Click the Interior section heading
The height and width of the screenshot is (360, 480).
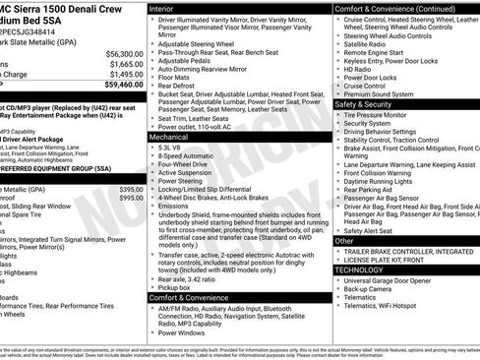[x=161, y=8]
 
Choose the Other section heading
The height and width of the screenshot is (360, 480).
[x=344, y=240]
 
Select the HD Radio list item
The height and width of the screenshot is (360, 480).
[x=361, y=69]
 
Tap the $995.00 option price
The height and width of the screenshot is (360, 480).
[x=132, y=197]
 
